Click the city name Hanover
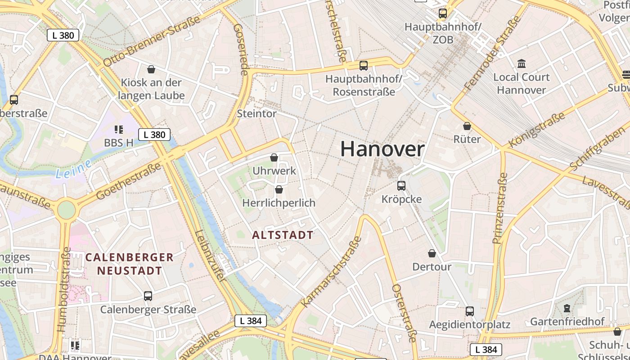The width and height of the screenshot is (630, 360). (x=382, y=149)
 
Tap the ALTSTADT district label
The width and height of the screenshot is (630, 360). (x=283, y=235)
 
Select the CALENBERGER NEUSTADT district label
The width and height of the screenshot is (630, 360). (x=129, y=264)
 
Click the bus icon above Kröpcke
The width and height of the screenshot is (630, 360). (x=401, y=185)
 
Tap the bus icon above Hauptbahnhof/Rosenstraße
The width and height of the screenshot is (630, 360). (x=364, y=66)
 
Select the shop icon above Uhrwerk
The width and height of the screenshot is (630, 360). (x=274, y=157)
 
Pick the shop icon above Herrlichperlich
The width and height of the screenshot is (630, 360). (x=279, y=189)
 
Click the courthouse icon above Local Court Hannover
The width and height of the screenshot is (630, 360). (x=522, y=63)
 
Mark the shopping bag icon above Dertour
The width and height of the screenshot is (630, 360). (x=432, y=253)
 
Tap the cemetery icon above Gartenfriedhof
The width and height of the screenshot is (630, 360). (x=567, y=308)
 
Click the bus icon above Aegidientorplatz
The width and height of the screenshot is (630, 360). (x=470, y=311)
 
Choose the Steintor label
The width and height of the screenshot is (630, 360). (x=256, y=113)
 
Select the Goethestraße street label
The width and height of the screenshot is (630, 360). (x=129, y=182)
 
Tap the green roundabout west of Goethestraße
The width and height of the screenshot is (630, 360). (x=66, y=210)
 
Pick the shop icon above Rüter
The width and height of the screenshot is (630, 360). (x=467, y=126)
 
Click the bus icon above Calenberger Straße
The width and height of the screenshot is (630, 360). (x=148, y=296)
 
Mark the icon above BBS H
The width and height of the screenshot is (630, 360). (x=119, y=130)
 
